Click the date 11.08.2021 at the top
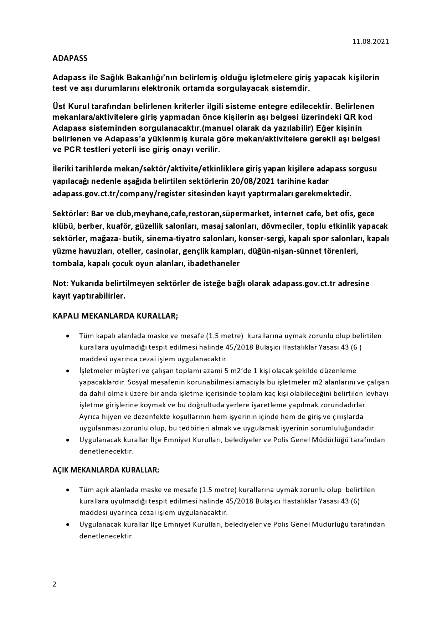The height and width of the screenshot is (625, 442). (x=371, y=41)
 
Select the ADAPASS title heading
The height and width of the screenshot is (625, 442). (x=70, y=58)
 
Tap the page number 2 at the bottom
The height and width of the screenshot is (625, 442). (x=54, y=584)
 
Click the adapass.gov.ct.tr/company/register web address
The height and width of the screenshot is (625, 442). (x=130, y=194)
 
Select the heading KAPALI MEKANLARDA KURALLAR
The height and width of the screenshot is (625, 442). (x=115, y=316)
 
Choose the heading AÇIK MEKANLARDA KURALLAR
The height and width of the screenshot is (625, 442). (x=106, y=470)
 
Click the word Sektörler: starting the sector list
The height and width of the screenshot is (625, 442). (x=70, y=214)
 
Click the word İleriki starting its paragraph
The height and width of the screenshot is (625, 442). (x=64, y=169)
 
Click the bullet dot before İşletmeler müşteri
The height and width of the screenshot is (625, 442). (x=68, y=371)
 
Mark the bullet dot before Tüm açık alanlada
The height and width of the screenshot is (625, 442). (x=68, y=490)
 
